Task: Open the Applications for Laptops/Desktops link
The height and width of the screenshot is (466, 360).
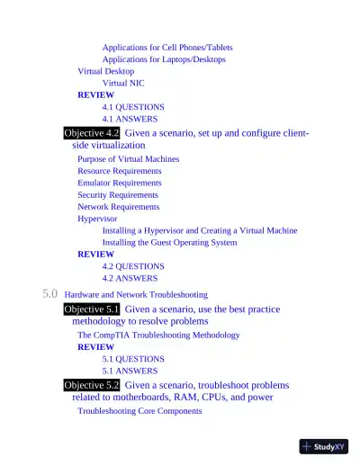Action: [164, 59]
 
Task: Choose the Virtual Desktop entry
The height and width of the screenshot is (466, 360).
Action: [105, 71]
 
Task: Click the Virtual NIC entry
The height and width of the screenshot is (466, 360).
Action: [122, 83]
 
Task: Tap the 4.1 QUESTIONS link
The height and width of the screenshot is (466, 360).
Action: [133, 106]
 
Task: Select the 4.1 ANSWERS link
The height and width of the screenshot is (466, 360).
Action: [130, 119]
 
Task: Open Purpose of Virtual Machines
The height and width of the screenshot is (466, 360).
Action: [128, 158]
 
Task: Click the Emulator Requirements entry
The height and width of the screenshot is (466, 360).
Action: [119, 183]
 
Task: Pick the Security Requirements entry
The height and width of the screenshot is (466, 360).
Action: [117, 194]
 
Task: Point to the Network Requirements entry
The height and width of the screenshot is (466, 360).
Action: [118, 206]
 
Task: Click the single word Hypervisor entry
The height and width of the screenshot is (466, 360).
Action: [97, 218]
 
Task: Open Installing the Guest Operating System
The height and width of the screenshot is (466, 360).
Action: [169, 242]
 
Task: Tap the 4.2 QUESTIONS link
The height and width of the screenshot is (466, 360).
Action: [133, 266]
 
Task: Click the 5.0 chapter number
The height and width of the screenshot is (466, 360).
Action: [50, 293]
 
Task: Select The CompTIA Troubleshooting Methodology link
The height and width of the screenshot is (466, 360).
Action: [158, 335]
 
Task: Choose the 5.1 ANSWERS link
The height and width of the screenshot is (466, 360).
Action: [130, 371]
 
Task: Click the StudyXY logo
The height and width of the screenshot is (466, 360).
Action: [324, 446]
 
